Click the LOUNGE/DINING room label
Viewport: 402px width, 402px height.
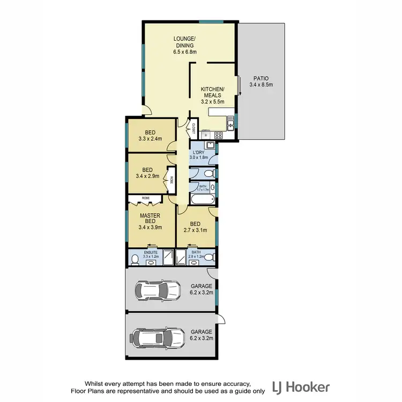[185, 42]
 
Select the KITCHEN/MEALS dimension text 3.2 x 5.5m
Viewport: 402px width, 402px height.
[212, 101]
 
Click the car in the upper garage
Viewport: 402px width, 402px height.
[158, 291]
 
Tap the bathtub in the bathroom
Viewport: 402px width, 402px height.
[202, 199]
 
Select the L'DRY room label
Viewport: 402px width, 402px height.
[200, 152]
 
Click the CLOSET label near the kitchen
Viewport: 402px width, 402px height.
[192, 129]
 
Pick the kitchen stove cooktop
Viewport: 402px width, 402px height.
[218, 135]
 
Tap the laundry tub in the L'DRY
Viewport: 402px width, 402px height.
[211, 145]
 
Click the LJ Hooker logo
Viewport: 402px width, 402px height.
[301, 387]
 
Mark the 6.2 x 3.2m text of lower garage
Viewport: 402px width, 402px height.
[202, 339]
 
